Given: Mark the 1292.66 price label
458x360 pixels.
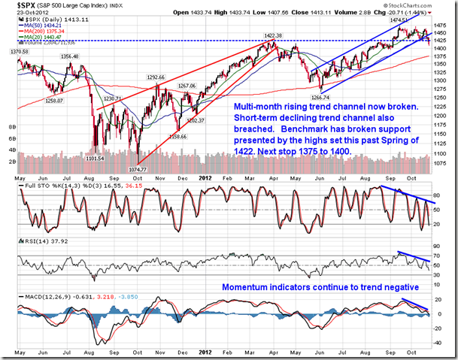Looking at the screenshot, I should pyautogui.click(x=156, y=77).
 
